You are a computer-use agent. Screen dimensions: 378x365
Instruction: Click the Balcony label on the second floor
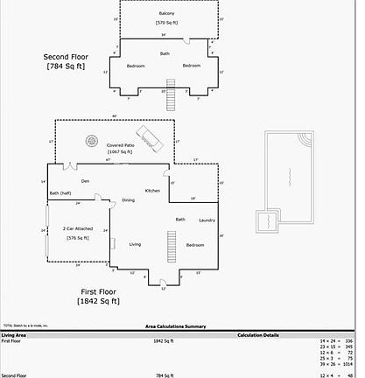pos(166,14)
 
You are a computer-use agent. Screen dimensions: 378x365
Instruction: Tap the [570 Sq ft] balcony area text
pos(166,22)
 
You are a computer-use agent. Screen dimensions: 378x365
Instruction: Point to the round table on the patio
pos(91,139)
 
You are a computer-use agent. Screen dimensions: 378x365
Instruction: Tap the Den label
pos(86,181)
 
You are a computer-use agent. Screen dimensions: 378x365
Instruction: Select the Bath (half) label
pos(60,193)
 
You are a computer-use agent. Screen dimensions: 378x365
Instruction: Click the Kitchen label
pos(152,190)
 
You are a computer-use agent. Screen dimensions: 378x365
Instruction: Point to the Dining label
pos(129,200)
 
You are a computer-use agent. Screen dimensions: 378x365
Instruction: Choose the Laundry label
pos(207,220)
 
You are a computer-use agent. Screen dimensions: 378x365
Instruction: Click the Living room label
pos(135,244)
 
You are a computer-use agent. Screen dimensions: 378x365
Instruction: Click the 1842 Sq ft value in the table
pos(165,340)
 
